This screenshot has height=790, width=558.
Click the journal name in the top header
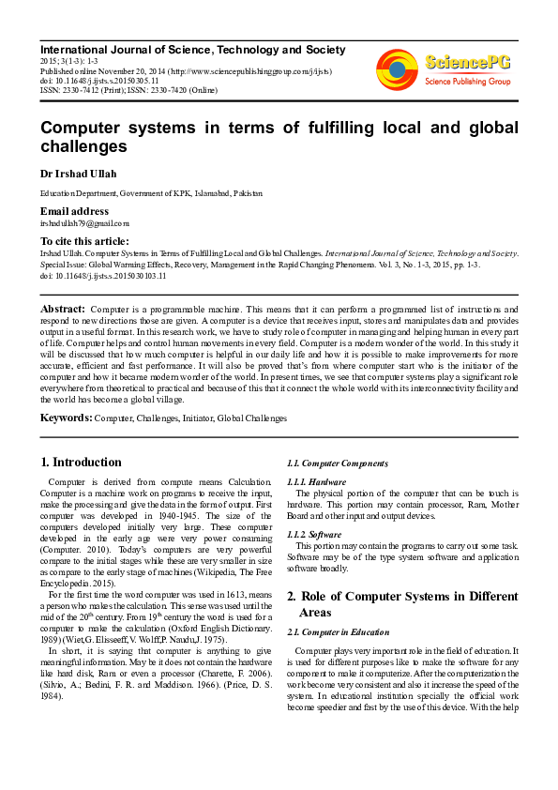(x=192, y=50)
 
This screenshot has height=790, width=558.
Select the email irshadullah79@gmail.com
(x=84, y=223)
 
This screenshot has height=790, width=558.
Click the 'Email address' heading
(x=74, y=211)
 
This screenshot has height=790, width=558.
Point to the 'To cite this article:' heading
(x=84, y=241)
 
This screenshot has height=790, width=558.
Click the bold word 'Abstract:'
(x=63, y=309)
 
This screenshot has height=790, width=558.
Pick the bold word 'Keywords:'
(x=66, y=418)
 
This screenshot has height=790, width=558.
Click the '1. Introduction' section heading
(x=82, y=462)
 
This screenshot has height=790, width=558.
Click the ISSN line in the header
(x=129, y=90)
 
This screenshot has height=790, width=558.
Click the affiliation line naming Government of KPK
(x=150, y=193)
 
